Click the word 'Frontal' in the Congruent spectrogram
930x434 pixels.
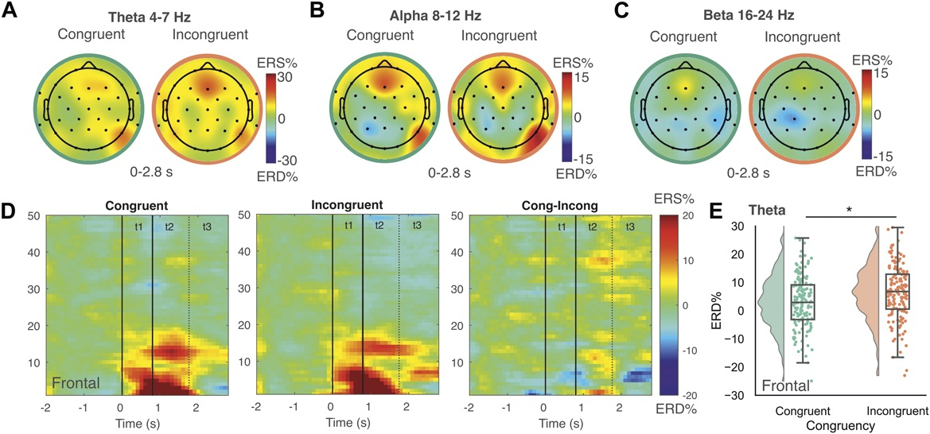[76, 385]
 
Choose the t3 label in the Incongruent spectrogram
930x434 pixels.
[418, 225]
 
